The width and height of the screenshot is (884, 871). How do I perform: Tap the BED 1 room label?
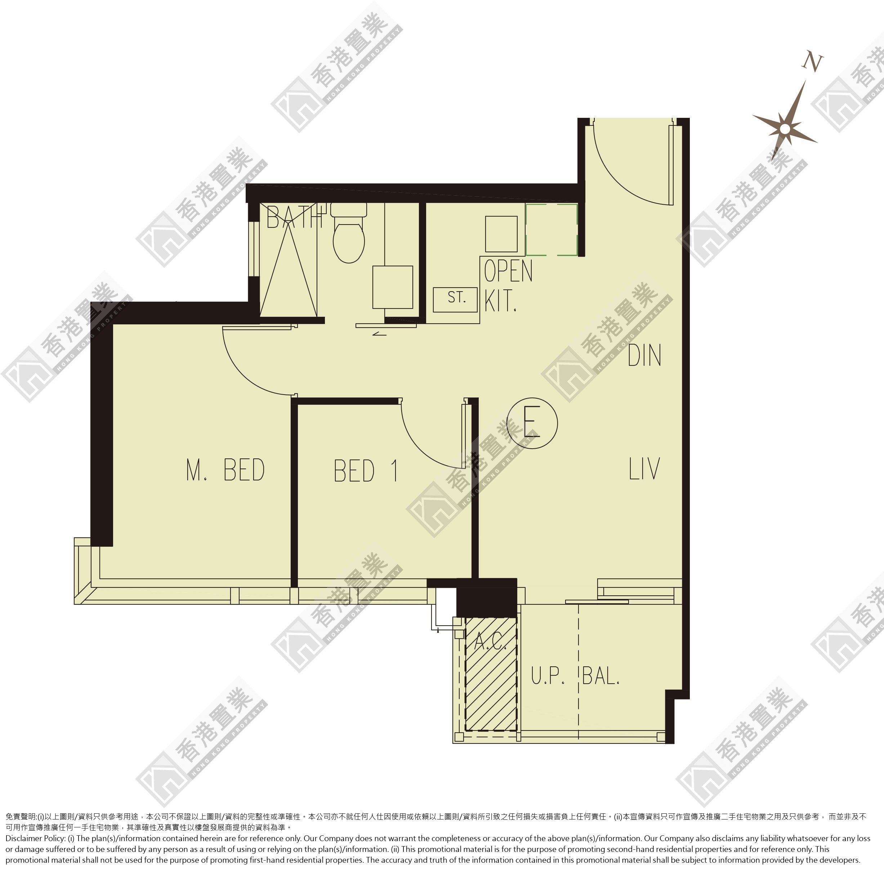click(366, 471)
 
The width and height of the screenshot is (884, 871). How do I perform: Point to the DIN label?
click(644, 355)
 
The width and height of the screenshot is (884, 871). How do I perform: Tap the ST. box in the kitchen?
click(455, 299)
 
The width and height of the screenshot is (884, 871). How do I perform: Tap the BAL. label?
click(601, 675)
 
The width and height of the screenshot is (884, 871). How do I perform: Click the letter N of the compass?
click(813, 62)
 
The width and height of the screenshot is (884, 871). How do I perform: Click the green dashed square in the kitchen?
click(552, 230)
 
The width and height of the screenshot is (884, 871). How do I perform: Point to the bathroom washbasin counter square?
click(392, 287)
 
